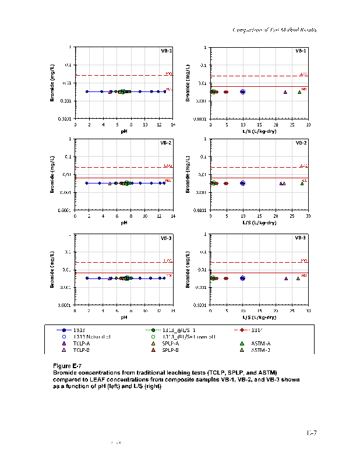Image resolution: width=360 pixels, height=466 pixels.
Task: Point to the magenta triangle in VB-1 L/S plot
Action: (285, 92)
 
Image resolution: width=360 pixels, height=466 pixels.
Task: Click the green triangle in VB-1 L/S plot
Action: (299, 92)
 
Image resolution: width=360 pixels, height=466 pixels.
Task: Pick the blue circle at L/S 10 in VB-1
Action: (243, 92)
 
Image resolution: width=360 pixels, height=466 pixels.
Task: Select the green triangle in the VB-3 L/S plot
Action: (298, 278)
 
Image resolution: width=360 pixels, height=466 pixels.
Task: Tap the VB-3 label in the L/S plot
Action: (301, 238)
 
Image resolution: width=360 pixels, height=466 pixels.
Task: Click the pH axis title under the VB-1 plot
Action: (124, 132)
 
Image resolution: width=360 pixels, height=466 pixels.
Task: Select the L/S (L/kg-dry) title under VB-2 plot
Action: (259, 223)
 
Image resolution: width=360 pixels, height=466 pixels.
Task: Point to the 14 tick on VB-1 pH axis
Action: (172, 125)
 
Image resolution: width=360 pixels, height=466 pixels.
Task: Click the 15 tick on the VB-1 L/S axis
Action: (259, 125)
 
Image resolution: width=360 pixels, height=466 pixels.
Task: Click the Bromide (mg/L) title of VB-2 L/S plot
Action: (188, 174)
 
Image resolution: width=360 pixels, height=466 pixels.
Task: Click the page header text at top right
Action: (274, 30)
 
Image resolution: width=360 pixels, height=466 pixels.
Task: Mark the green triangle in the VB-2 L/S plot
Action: (302, 183)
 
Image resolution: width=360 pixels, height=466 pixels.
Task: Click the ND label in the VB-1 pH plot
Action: (168, 89)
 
